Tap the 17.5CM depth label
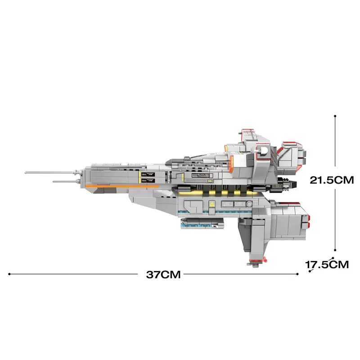tap(327, 265)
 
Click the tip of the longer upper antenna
tap(26, 172)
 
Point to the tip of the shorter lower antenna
tap(54, 181)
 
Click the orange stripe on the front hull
tap(110, 185)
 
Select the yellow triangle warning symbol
tap(211, 204)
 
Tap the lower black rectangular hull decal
tap(148, 180)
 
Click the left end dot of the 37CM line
tap(9, 273)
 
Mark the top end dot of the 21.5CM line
tap(335, 116)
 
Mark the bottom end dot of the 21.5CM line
tap(335, 251)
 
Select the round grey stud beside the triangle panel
tap(249, 204)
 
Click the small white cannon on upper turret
tap(223, 148)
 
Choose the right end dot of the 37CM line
tap(297, 273)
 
